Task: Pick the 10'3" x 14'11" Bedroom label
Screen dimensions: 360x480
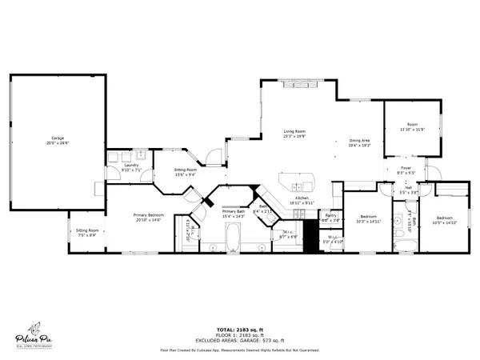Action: [368, 219]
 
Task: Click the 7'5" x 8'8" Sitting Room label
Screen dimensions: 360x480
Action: [86, 232]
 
